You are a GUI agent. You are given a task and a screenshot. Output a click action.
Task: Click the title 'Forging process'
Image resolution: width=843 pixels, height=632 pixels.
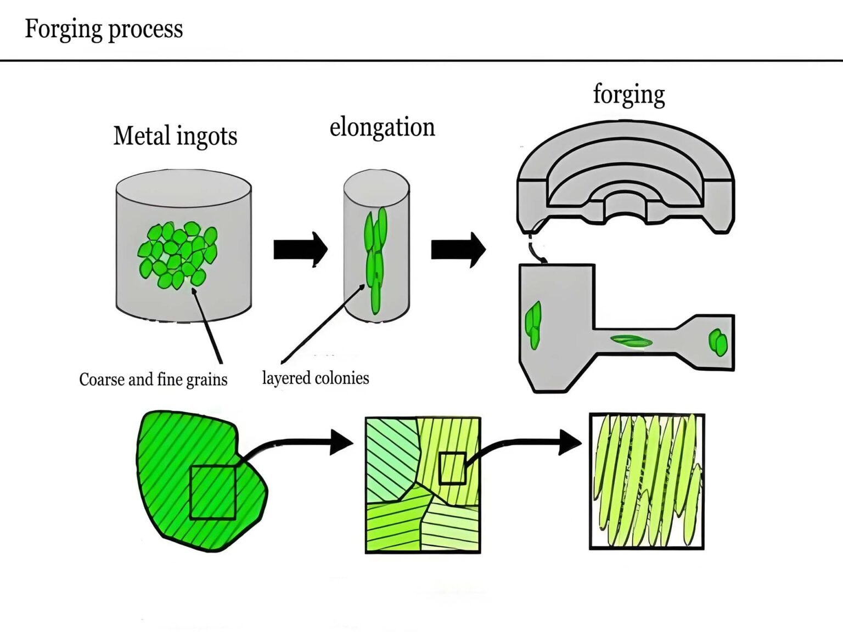(x=104, y=29)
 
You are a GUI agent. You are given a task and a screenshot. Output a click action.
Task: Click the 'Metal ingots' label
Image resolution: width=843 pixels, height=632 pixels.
(x=175, y=136)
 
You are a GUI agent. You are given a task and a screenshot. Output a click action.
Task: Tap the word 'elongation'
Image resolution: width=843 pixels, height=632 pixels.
(x=382, y=127)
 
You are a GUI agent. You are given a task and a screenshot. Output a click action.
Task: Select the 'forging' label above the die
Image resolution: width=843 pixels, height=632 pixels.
(x=629, y=94)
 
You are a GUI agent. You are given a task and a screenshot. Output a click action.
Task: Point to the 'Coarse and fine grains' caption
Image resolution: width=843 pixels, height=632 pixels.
(x=153, y=379)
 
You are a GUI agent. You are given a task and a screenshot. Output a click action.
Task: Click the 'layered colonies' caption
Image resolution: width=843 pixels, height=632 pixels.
(x=316, y=378)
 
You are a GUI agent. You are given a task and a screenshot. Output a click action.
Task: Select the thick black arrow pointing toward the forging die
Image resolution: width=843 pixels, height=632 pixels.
(x=458, y=250)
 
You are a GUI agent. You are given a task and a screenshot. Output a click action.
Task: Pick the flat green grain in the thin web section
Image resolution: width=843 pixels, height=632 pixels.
(x=632, y=341)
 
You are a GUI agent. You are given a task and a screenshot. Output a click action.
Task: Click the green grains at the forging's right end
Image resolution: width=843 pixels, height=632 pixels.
(x=718, y=342)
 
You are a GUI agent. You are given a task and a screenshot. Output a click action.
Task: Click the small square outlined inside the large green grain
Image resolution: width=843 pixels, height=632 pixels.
(x=213, y=492)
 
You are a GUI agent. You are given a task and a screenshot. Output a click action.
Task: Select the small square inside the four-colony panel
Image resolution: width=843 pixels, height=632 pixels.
(x=453, y=468)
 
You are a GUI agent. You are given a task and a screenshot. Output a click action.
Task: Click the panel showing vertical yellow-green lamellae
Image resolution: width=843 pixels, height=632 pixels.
(x=647, y=482)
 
